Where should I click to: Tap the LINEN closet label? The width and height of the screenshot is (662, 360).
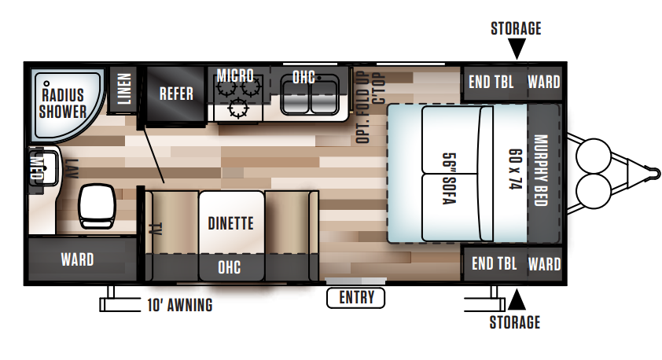[x=123, y=88]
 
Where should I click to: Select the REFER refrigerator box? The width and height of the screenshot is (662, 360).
[x=176, y=94]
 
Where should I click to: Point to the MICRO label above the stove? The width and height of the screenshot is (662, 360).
[x=235, y=76]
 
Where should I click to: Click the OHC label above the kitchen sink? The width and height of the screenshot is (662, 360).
[x=303, y=77]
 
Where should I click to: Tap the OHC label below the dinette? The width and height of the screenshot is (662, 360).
[x=230, y=268]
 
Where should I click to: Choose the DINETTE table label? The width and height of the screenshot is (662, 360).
[x=230, y=223]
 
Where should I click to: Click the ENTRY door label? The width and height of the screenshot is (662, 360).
[x=356, y=298]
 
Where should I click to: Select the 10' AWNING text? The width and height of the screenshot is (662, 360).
[x=179, y=306]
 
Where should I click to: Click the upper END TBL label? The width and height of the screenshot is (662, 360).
[x=492, y=82]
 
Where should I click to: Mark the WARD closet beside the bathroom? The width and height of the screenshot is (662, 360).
[x=77, y=259]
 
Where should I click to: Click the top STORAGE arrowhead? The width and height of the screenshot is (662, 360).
[x=516, y=50]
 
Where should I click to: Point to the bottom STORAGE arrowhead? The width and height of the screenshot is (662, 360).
[x=516, y=299]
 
